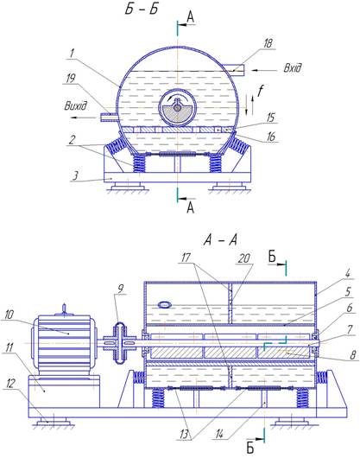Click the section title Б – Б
[142, 9]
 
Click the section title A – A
[220, 240]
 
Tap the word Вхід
[293, 67]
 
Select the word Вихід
[76, 105]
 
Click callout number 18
[268, 43]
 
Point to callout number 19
[70, 78]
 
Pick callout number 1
[72, 54]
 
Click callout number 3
[75, 175]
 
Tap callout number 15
[270, 118]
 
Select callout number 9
[120, 289]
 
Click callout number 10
[9, 315]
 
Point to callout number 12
[9, 383]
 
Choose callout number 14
[219, 435]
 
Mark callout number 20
[244, 258]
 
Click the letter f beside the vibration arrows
[260, 91]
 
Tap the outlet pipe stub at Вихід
[110, 118]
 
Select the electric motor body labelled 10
[64, 345]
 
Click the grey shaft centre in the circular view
[177, 108]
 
